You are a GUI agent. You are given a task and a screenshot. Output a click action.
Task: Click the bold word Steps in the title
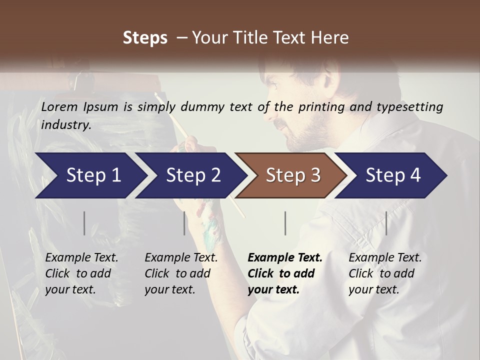click(145, 38)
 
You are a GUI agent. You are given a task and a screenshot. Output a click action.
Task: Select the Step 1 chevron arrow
click(90, 175)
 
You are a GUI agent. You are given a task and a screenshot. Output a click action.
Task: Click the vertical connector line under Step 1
click(84, 223)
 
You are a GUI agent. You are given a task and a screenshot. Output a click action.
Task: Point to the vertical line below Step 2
click(184, 223)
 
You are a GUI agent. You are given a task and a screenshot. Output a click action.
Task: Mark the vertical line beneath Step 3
click(285, 223)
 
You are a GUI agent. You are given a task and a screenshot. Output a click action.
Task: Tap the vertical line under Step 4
click(386, 223)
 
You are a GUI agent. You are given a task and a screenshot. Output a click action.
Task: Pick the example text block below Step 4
click(385, 273)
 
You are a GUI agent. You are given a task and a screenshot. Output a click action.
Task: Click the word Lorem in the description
click(59, 106)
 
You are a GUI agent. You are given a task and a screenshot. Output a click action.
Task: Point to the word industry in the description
click(65, 125)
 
